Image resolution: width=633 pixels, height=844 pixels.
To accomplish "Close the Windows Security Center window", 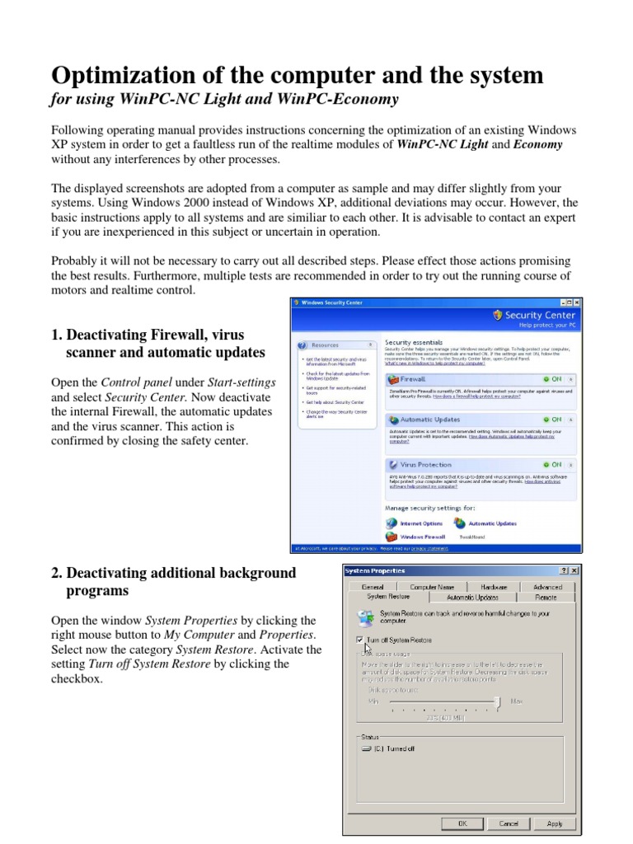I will click(576, 303).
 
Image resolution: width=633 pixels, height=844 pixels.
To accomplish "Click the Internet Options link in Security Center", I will click(420, 523).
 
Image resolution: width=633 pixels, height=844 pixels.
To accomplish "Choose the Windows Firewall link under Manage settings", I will click(422, 536).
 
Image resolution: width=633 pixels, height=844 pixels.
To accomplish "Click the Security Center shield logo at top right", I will click(497, 315).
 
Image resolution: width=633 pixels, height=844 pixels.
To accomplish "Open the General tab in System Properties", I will click(373, 587).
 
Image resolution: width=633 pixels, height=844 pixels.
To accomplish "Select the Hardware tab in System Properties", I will click(494, 587).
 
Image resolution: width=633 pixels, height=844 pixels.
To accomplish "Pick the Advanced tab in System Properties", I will click(547, 587).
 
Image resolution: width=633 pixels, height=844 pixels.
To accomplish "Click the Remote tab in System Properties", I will click(546, 597).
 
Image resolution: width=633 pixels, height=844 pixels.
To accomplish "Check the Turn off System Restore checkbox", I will click(359, 639).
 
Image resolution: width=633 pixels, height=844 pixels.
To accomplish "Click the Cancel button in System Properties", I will click(509, 823).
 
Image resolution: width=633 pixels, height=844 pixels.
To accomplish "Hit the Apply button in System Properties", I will click(555, 823).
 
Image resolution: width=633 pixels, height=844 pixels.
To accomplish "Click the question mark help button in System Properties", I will click(563, 570).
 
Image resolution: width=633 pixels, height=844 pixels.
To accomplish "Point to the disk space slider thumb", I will click(497, 701).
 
